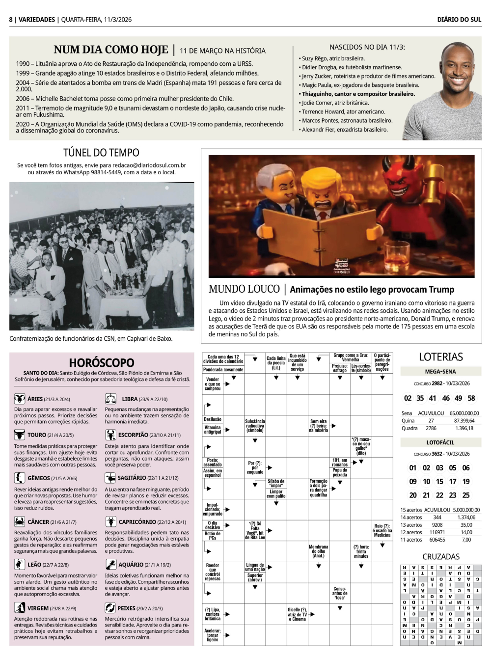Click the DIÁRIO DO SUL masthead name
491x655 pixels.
[459, 20]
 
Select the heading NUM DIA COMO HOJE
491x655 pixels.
[110, 50]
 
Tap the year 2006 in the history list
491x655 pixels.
[23, 98]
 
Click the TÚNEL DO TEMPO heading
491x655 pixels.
[101, 153]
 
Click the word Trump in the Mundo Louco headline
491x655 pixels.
[441, 289]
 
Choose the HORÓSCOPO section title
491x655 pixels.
[101, 363]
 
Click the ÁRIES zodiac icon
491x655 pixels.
[20, 399]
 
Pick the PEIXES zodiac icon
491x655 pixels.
[110, 607]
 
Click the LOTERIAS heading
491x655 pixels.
[440, 357]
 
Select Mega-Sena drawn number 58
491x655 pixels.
[471, 398]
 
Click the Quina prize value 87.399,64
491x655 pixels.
[464, 420]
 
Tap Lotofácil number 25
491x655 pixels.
[465, 495]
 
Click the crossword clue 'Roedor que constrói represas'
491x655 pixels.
[213, 572]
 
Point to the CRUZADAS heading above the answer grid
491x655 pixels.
[441, 556]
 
